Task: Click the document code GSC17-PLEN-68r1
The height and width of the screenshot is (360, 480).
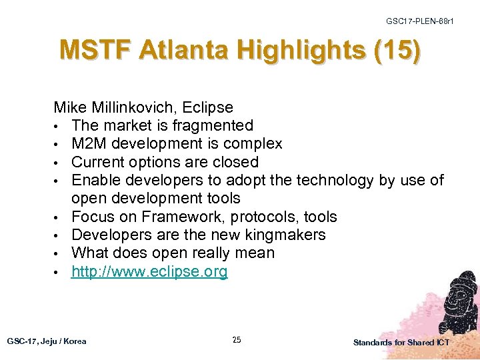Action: pyautogui.click(x=419, y=21)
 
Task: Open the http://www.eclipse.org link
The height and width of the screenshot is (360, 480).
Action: pyautogui.click(x=149, y=271)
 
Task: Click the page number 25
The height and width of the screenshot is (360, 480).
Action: pyautogui.click(x=237, y=340)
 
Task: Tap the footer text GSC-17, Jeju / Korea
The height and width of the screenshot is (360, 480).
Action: pyautogui.click(x=47, y=341)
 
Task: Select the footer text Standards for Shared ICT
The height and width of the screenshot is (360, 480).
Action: pyautogui.click(x=401, y=342)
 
